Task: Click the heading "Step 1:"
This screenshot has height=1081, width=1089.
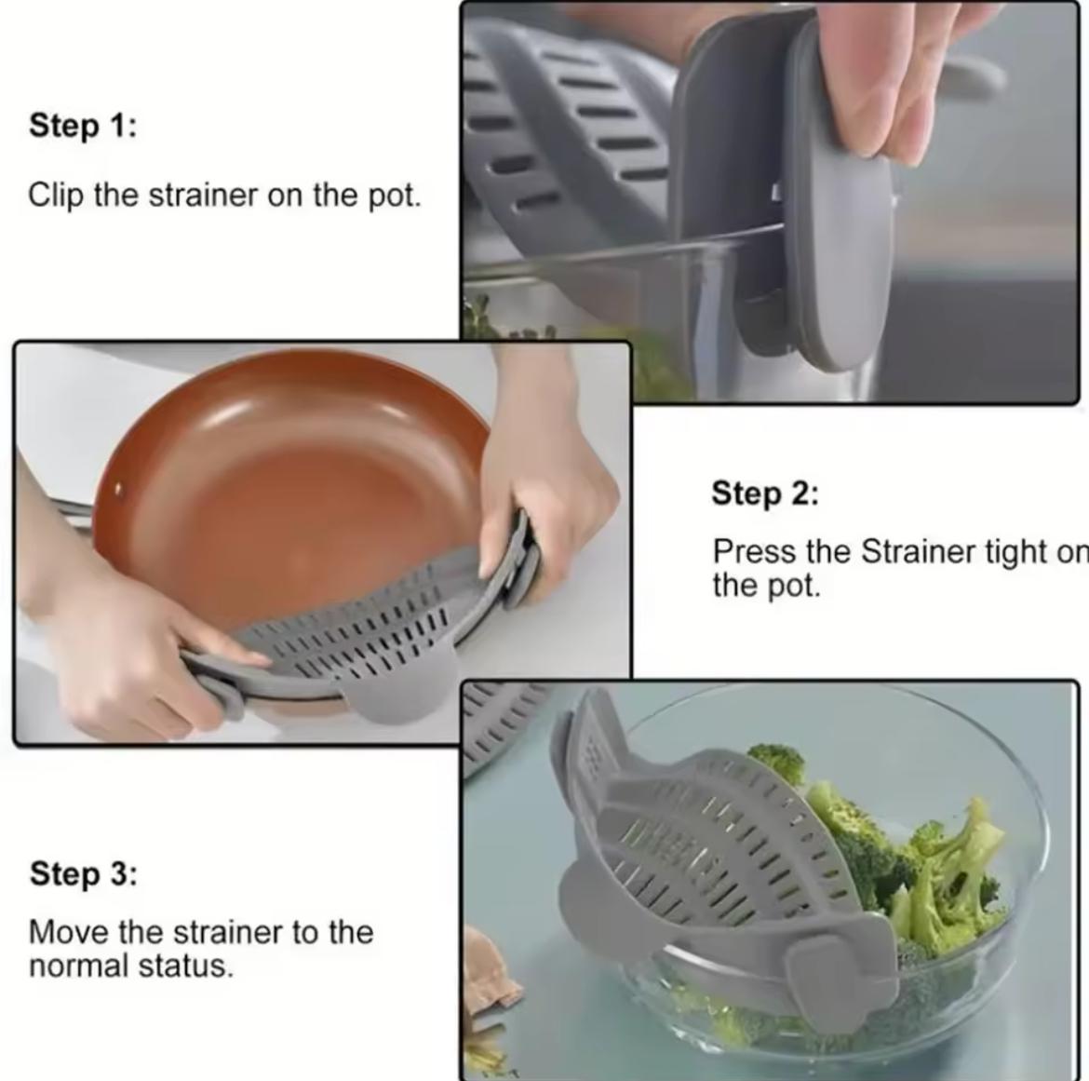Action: tap(82, 125)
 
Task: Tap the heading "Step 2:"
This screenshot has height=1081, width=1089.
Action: tap(764, 493)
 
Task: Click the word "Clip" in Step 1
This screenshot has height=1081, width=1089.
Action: tap(56, 196)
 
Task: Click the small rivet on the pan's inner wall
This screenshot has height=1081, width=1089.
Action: tap(119, 488)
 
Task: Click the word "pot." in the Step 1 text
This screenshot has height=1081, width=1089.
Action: tap(395, 196)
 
